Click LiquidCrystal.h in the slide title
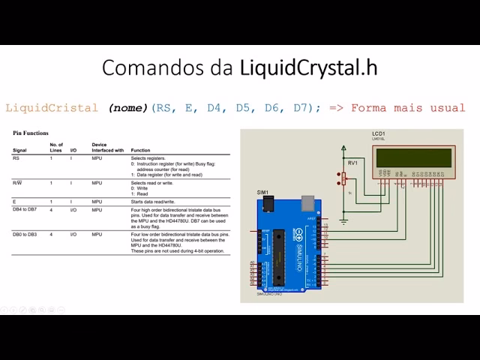308,67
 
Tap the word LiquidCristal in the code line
52,108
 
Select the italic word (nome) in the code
128,108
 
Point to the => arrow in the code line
336,108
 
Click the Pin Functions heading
31,133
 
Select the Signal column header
20,150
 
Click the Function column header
140,150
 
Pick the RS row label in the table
16,159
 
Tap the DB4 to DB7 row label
25,211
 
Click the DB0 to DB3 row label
25,235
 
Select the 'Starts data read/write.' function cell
154,202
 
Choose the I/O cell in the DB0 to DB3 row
73,235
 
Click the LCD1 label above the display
378,133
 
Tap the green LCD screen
414,157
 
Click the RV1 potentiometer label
352,162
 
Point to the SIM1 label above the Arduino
262,193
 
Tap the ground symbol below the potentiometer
343,221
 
